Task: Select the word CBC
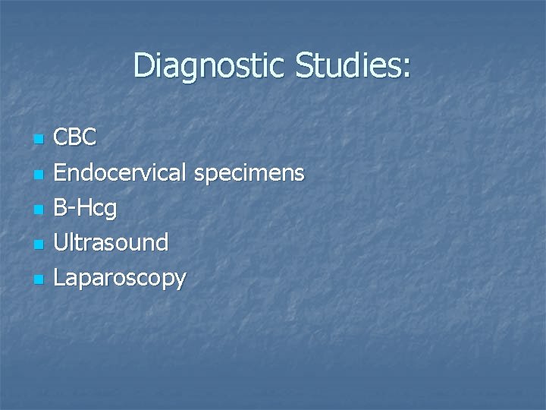click(x=76, y=138)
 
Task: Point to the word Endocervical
click(x=120, y=173)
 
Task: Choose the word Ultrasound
click(x=111, y=243)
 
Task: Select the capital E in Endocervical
click(x=60, y=173)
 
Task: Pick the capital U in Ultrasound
click(x=61, y=243)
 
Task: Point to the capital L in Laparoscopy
click(x=59, y=278)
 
